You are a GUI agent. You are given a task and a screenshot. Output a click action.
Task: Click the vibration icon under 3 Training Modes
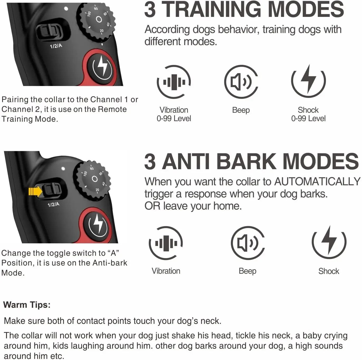click(x=174, y=82)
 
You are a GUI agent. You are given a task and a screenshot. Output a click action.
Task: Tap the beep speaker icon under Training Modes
click(x=241, y=82)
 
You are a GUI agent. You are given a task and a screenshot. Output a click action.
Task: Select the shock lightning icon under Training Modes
click(x=308, y=81)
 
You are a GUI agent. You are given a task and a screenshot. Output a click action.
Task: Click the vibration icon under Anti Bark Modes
click(x=166, y=243)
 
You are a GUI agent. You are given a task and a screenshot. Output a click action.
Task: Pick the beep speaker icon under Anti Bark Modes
click(x=247, y=243)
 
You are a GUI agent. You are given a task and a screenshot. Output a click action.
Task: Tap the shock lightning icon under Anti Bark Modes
click(x=329, y=242)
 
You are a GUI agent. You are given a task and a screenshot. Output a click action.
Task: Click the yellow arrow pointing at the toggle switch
click(x=35, y=191)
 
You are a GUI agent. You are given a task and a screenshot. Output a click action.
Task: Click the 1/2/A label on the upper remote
click(x=56, y=46)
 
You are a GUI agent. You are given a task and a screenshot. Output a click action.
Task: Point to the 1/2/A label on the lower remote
click(x=54, y=204)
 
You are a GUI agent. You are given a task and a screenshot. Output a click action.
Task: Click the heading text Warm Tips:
click(x=27, y=305)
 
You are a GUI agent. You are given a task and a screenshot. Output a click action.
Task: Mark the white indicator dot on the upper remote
click(x=66, y=9)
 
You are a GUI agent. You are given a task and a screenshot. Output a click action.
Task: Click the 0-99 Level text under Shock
click(x=308, y=119)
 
